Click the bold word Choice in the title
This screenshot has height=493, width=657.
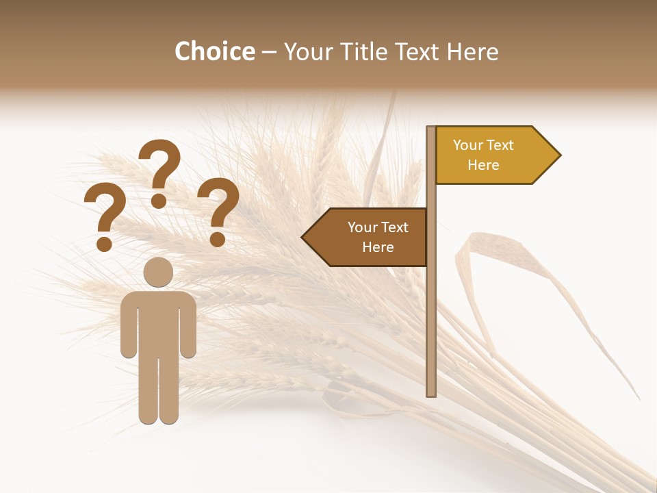214,52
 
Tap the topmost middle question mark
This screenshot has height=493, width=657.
159,168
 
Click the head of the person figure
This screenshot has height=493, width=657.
158,272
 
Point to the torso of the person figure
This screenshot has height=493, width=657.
158,322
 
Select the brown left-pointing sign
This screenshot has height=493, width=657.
370,237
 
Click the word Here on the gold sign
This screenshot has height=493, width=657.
483,165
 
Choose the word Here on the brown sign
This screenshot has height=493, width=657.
378,247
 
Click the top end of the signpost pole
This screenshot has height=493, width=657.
431,129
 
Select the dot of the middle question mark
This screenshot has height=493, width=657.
159,201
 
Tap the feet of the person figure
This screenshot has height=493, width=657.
158,418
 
